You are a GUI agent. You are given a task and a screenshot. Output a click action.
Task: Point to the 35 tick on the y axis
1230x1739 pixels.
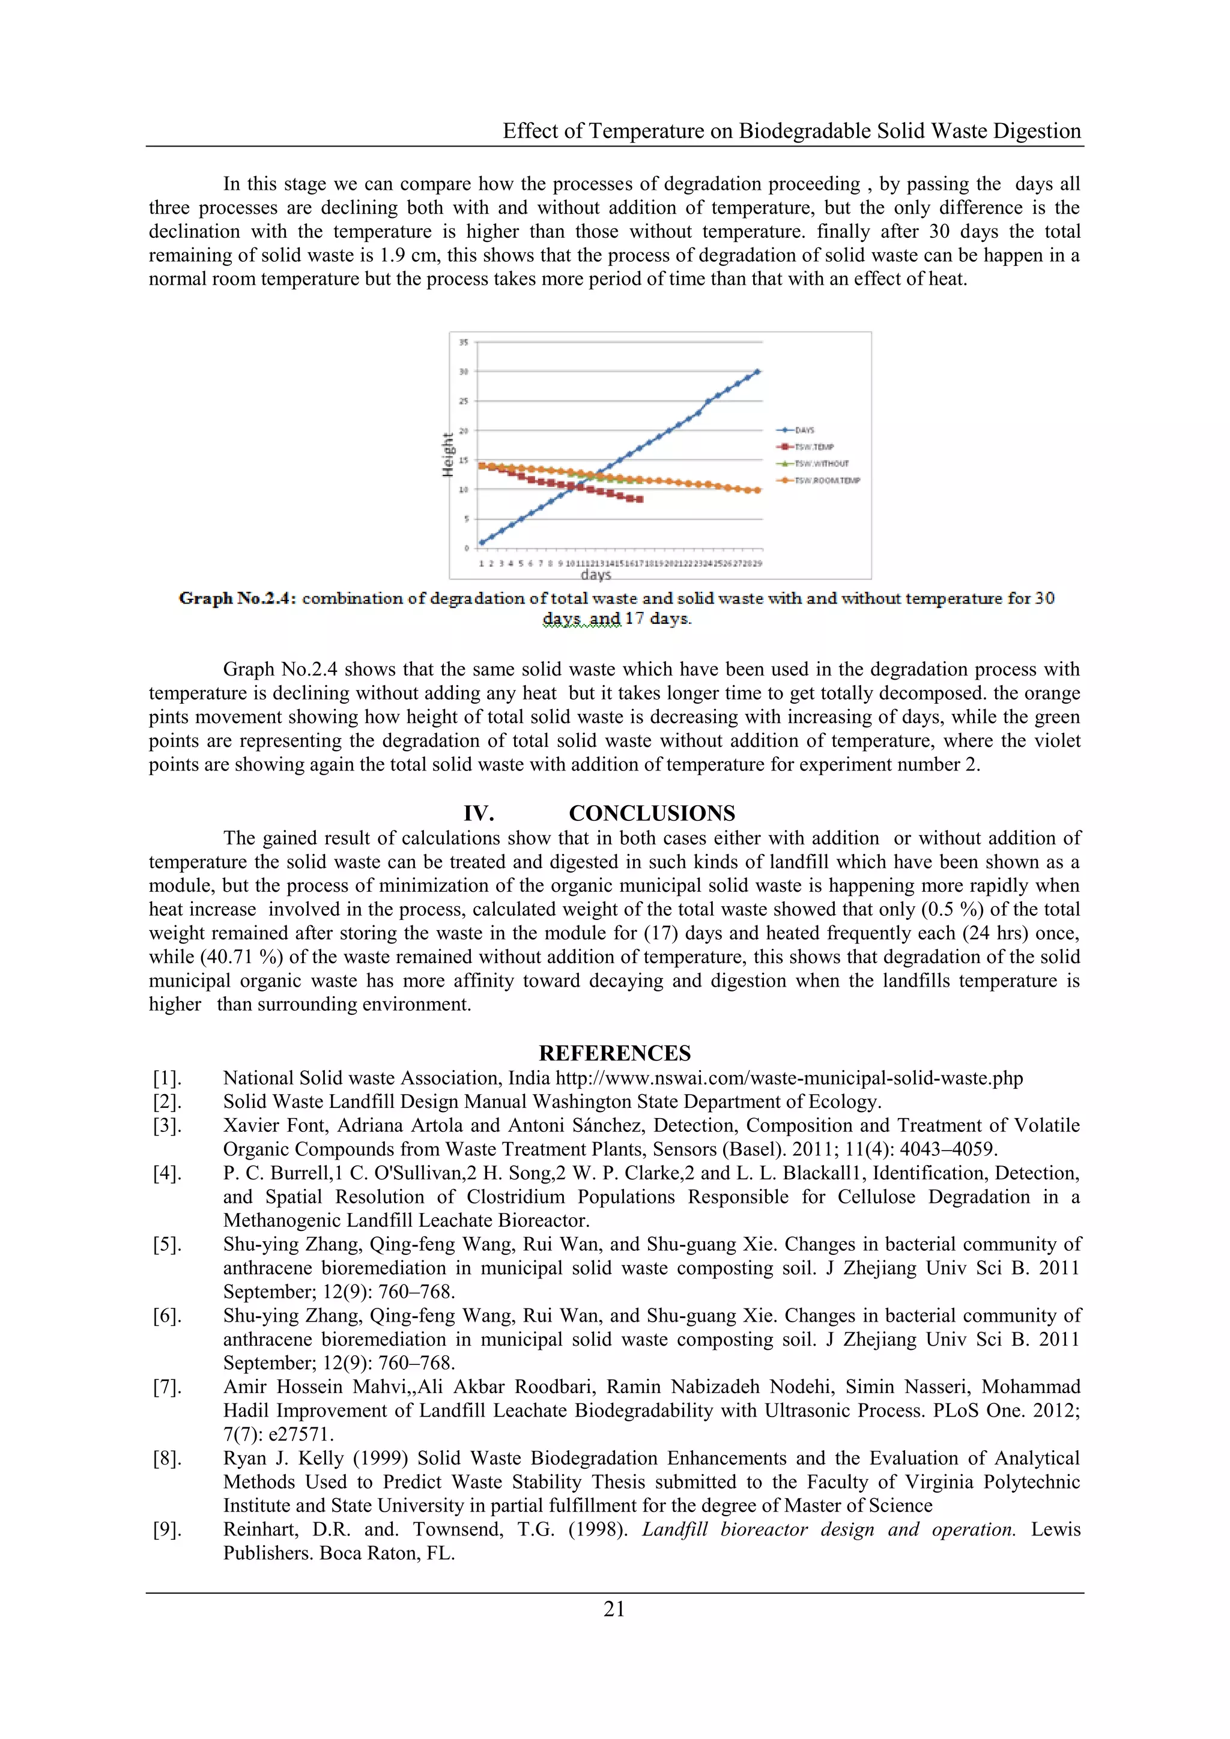(x=464, y=342)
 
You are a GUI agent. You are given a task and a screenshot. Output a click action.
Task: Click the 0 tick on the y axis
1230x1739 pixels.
(x=467, y=548)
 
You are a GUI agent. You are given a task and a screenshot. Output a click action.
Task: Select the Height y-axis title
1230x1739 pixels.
(x=447, y=455)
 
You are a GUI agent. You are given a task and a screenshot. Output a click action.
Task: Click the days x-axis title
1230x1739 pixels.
(x=596, y=575)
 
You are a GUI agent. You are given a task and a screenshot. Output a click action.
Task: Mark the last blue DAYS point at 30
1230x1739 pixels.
(x=757, y=372)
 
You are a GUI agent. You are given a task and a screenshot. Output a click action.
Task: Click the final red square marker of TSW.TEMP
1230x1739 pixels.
(x=640, y=500)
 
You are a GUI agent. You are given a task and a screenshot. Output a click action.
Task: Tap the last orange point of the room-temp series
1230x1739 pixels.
(x=757, y=490)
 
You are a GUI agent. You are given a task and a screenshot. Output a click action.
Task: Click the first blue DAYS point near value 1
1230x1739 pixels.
(x=482, y=542)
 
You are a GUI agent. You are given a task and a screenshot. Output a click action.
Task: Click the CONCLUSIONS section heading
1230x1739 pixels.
(x=652, y=814)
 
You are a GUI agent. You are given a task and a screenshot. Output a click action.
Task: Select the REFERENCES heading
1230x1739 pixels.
(x=614, y=1054)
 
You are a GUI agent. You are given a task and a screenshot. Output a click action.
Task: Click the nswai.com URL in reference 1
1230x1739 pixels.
(x=789, y=1078)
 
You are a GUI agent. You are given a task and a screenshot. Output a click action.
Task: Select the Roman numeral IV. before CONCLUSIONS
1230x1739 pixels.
(x=479, y=814)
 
